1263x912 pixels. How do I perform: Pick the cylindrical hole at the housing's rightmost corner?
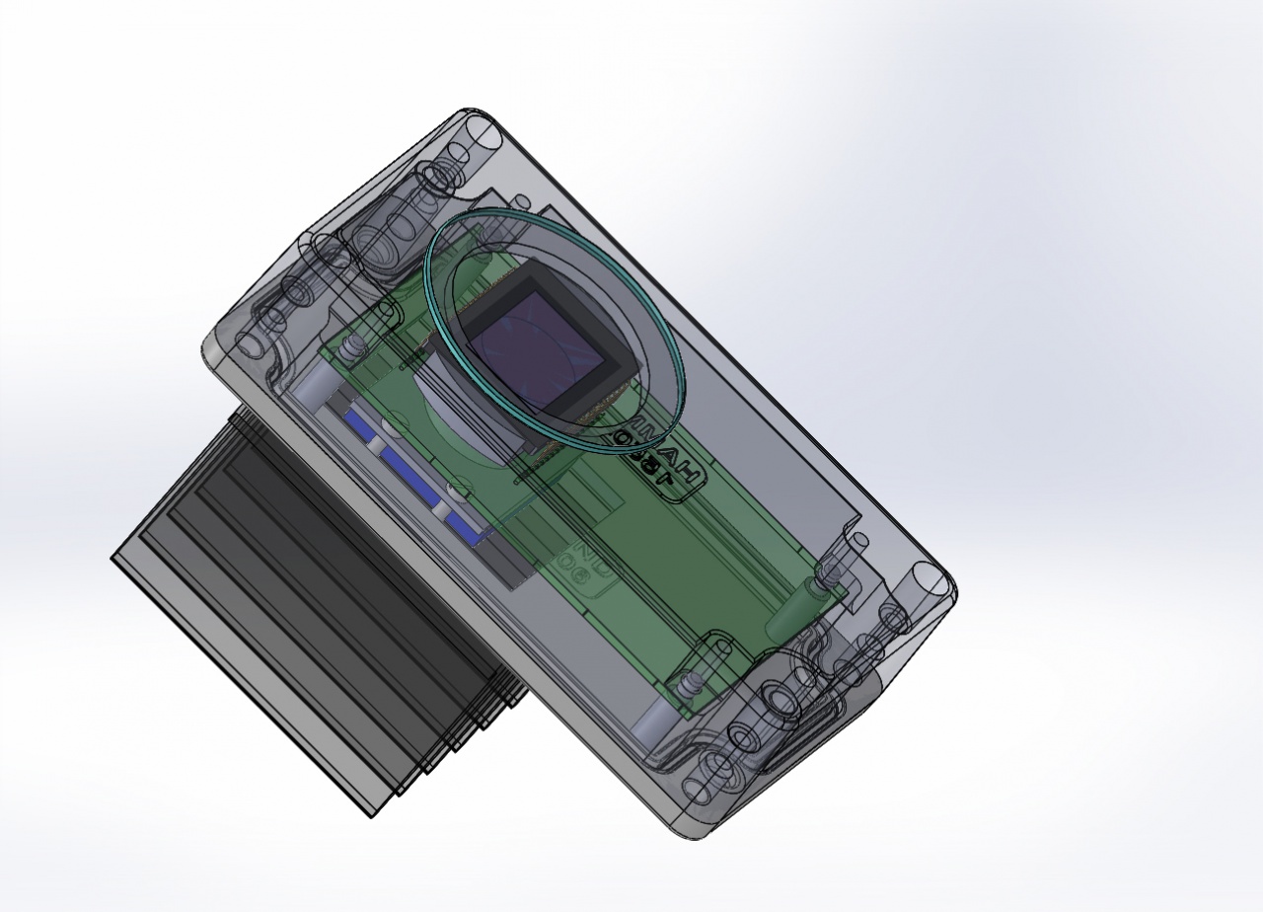pyautogui.click(x=932, y=581)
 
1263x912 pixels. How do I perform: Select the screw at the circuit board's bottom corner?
pyautogui.click(x=686, y=682)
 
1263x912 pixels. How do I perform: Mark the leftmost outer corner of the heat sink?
pyautogui.click(x=112, y=559)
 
